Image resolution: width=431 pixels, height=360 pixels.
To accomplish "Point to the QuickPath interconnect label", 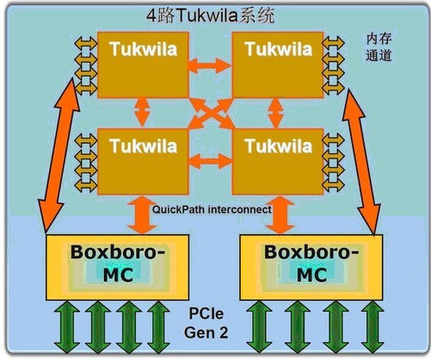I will point(211,208).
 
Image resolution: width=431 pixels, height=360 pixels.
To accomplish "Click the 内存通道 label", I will point(379,47).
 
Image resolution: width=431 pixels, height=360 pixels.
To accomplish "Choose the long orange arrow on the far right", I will point(365,155).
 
